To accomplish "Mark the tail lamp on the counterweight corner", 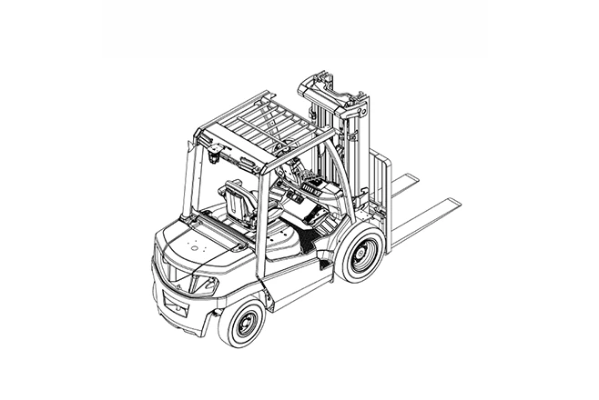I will [206, 285].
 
